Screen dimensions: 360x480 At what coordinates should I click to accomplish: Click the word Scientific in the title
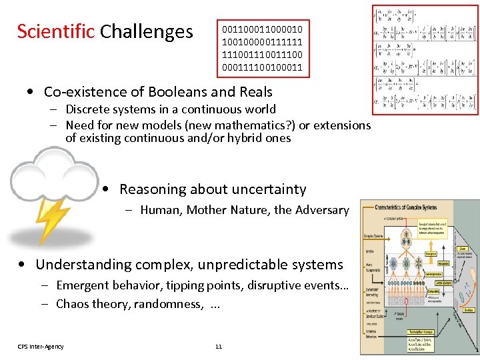pos(55,31)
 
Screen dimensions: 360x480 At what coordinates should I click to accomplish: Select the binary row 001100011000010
pos(262,29)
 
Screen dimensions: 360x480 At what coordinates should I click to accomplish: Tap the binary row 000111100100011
pos(262,67)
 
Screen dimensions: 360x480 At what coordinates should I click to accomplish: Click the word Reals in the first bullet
pos(253,92)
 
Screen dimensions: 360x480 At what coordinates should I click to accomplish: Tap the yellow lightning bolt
pos(50,219)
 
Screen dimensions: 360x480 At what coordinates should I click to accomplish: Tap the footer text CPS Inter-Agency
pos(41,346)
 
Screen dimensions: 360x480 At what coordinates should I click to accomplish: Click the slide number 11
pos(219,346)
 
